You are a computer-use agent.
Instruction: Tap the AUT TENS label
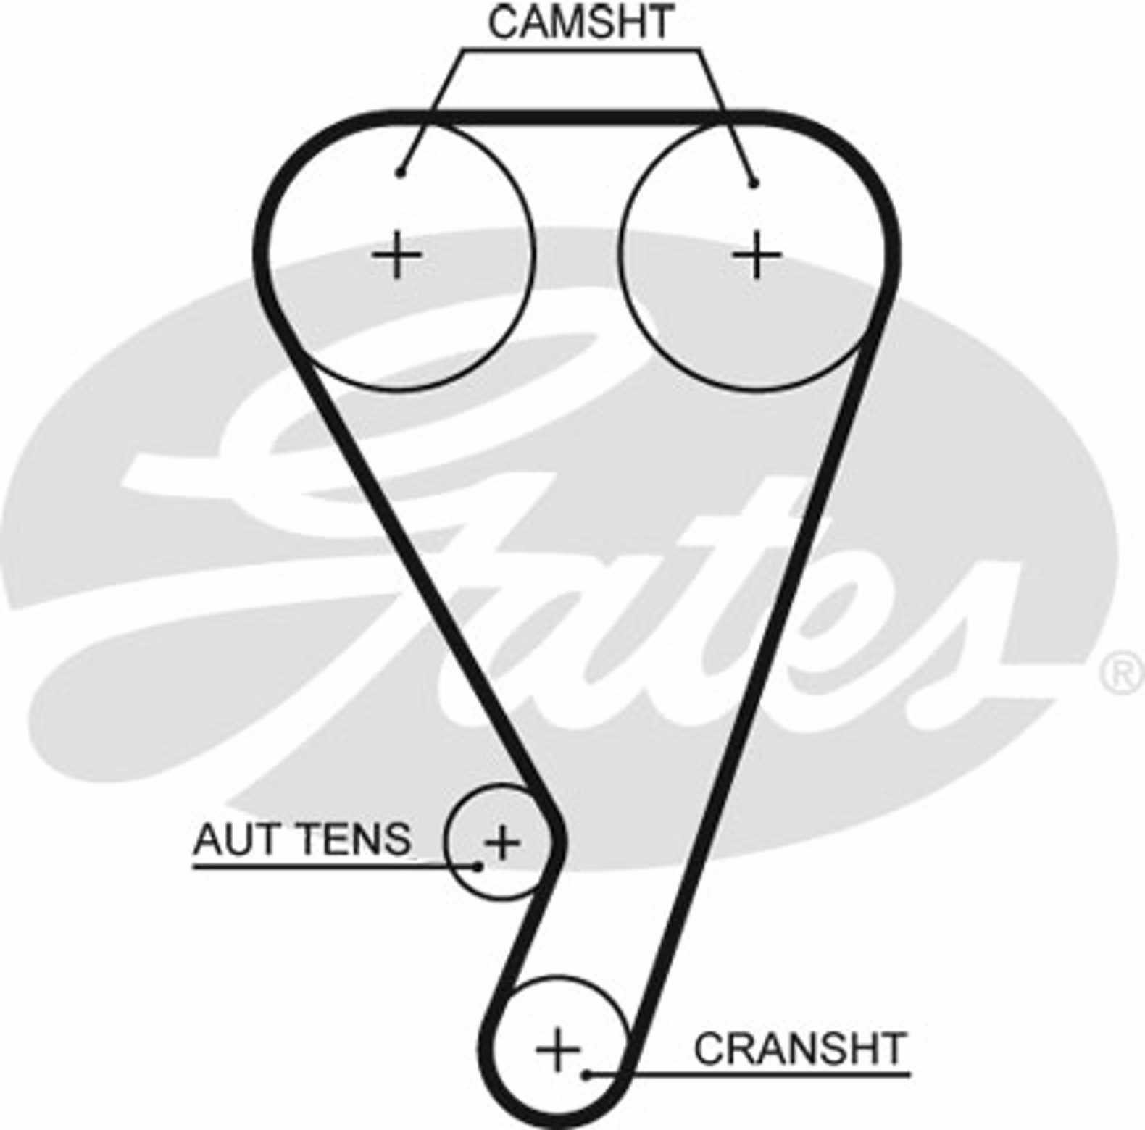click(x=301, y=839)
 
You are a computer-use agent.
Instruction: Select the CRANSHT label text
click(x=800, y=1048)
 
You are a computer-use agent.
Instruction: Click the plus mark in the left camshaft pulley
click(x=396, y=254)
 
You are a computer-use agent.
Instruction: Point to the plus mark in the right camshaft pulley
click(x=757, y=254)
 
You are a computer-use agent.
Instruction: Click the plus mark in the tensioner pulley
click(x=502, y=842)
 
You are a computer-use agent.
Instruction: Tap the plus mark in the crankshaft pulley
click(x=558, y=1049)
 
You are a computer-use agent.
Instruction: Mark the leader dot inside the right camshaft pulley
click(x=754, y=183)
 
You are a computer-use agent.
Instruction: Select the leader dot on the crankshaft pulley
click(x=588, y=1074)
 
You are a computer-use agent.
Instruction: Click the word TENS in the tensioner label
click(x=354, y=839)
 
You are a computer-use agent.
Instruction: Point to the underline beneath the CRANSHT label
click(x=749, y=1074)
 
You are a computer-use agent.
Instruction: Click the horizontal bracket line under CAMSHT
click(x=581, y=50)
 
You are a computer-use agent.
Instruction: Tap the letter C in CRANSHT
click(x=709, y=1048)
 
